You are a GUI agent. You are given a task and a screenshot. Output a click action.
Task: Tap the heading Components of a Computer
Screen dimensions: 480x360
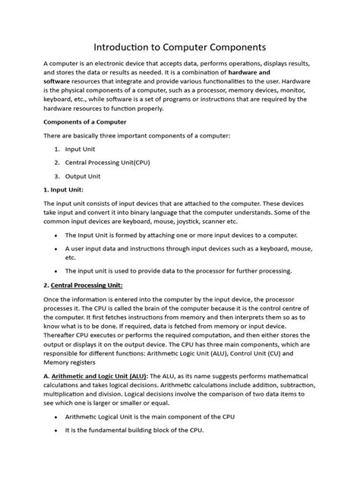84,122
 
